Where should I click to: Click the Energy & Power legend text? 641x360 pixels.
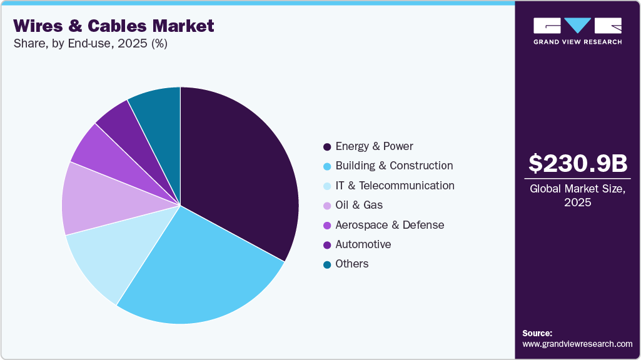374,146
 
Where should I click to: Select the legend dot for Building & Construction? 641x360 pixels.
327,166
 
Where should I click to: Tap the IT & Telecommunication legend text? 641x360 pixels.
395,186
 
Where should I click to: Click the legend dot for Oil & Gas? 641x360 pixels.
327,206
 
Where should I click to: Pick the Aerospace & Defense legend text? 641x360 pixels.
390,225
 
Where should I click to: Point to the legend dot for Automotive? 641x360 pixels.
327,245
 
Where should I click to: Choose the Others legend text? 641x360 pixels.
352,264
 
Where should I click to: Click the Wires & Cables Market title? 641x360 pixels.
114,26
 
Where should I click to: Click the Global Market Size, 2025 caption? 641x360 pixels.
577,196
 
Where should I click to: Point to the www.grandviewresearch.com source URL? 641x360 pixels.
577,344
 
